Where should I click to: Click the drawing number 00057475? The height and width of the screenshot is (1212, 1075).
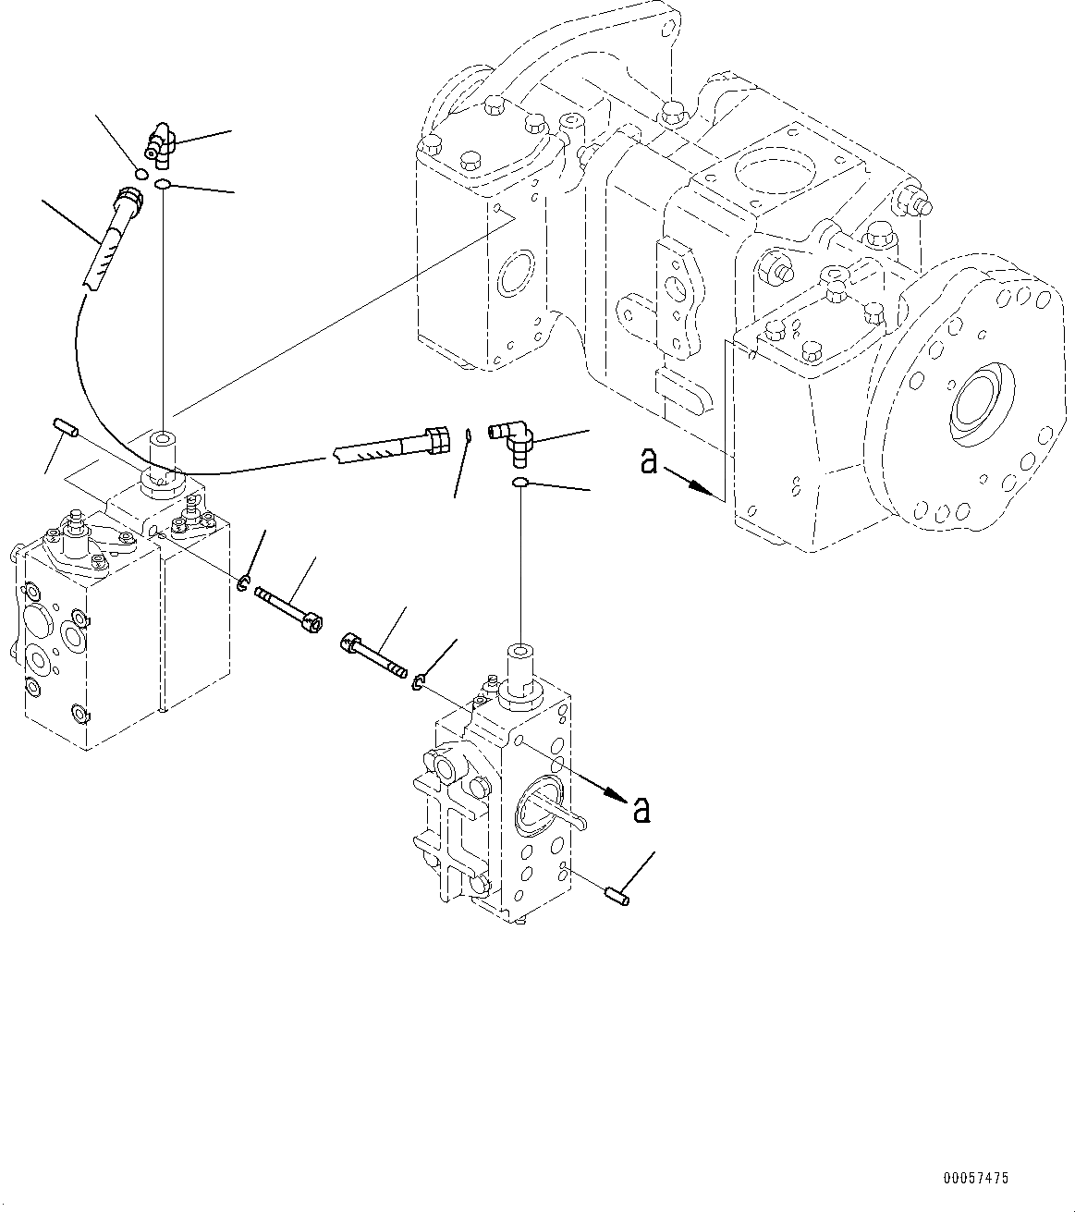coord(976,1179)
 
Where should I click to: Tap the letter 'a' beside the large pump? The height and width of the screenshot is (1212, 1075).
coord(650,461)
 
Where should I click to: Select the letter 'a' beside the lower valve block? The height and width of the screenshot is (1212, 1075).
coord(640,810)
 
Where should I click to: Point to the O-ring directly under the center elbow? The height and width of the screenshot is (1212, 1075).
coord(521,483)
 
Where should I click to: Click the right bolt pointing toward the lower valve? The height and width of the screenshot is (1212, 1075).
coord(373,654)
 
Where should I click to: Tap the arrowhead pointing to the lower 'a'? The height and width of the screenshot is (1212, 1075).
coord(611,793)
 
